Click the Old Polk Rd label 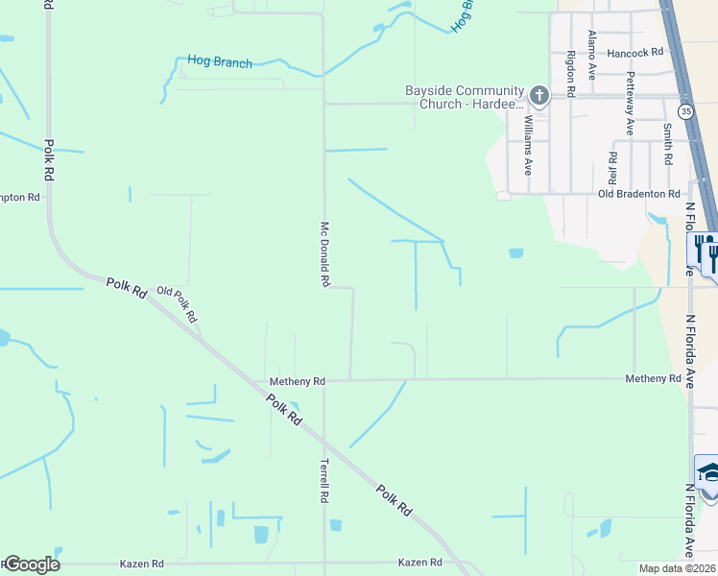pos(178,304)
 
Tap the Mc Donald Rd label pos(324,254)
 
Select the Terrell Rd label pos(324,482)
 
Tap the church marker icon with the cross pos(539,95)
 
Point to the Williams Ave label pos(528,145)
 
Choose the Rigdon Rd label pos(570,74)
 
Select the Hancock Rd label pos(635,53)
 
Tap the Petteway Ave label pos(631,103)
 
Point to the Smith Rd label pos(667,142)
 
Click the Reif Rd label pos(612,166)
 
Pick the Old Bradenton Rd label pos(638,194)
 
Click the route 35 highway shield pos(685,112)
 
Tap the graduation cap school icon pos(708,471)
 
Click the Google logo pos(31,564)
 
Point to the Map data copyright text pos(677,568)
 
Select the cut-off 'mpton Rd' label pos(20,197)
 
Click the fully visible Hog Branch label pos(220,62)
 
